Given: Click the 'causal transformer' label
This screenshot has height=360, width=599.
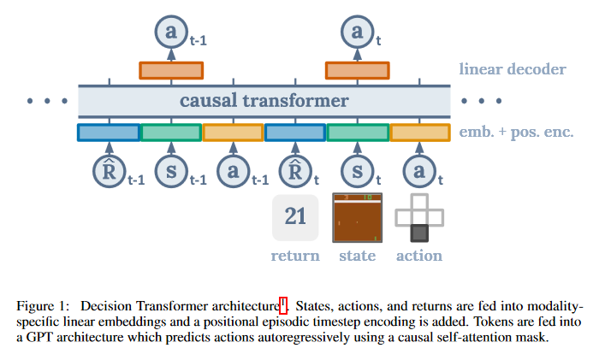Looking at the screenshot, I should (264, 102).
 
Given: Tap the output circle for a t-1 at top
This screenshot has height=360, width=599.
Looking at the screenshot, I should (170, 32).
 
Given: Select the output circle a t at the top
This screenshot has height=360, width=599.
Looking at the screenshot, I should (357, 32).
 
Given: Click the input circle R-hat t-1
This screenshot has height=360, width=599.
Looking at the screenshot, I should (108, 170).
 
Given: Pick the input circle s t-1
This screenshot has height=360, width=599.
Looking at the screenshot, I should (170, 170).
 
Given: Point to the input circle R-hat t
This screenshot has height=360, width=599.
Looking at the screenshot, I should (295, 170).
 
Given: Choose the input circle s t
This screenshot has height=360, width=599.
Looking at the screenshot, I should (357, 170).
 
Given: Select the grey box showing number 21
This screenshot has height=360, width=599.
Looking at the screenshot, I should (295, 217).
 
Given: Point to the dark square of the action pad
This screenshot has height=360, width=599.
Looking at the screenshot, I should (418, 233).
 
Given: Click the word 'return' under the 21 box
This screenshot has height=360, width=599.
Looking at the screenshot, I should (295, 255).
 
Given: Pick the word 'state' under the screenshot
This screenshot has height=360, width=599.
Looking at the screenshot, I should (357, 255).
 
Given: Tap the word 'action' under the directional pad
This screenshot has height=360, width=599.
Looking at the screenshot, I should (418, 255).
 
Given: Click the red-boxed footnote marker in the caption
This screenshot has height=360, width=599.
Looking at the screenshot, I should (282, 304).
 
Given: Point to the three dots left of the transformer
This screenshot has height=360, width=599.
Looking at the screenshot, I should (46, 102).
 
